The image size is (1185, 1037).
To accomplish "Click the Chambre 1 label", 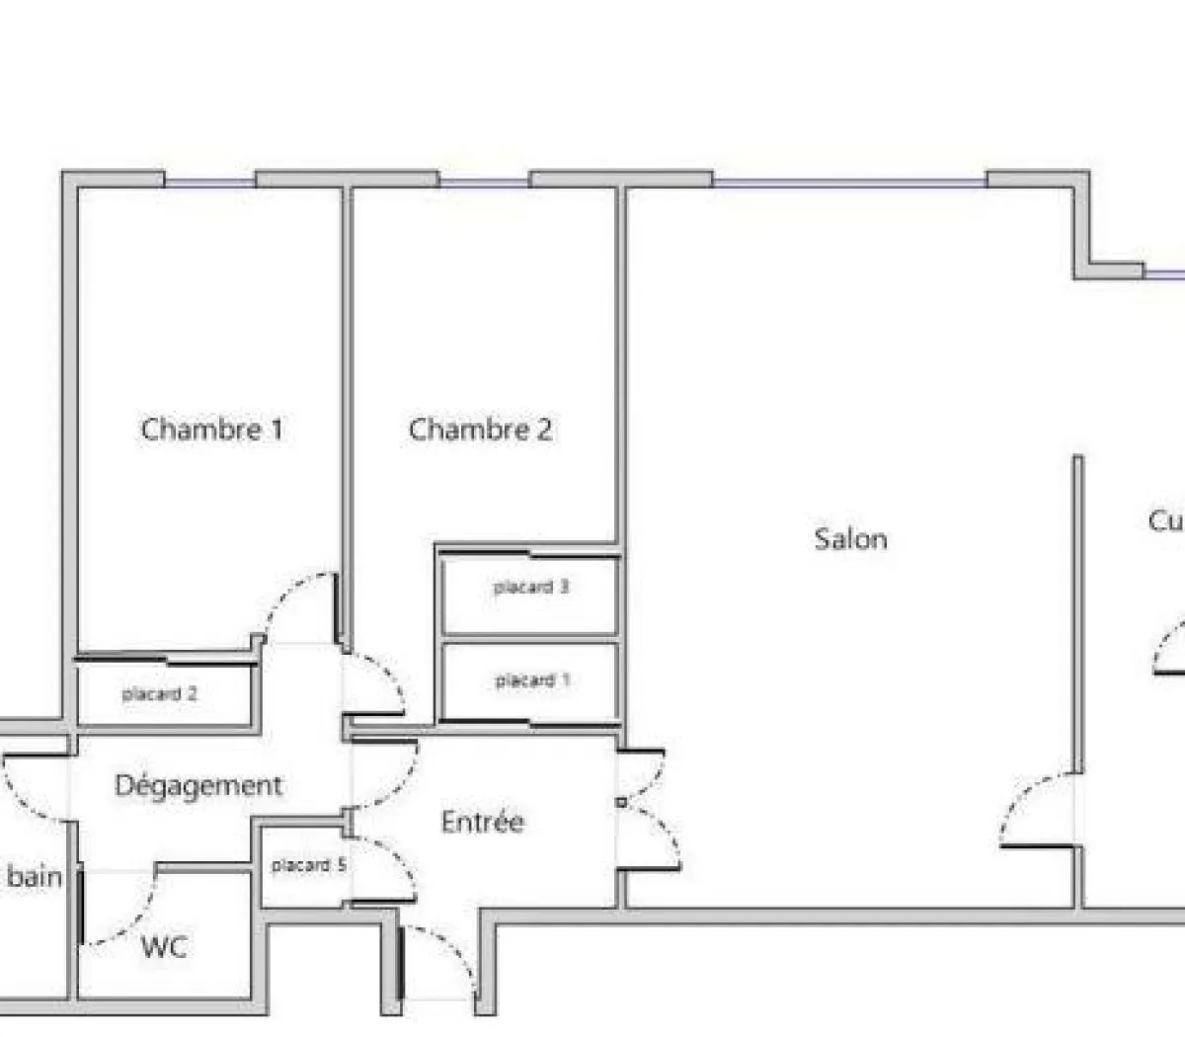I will point(211,430).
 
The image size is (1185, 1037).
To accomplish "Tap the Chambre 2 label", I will point(480,430).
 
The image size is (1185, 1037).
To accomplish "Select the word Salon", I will point(850,539).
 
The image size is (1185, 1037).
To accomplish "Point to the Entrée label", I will point(482,822).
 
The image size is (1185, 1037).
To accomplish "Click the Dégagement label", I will point(198,786).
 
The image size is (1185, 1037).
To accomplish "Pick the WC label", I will point(163,947).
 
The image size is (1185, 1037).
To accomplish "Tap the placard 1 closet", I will point(531,681).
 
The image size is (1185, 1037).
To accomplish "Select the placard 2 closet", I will point(160,694).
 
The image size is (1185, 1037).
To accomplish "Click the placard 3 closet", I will point(531,588).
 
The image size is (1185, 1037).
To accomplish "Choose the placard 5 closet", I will point(308,866).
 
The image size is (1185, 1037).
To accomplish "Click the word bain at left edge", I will point(36,877).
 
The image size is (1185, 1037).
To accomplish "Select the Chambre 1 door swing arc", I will point(296,602).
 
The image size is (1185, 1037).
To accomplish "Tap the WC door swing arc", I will point(123,914).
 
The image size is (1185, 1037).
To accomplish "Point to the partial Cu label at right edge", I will point(1165,520).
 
